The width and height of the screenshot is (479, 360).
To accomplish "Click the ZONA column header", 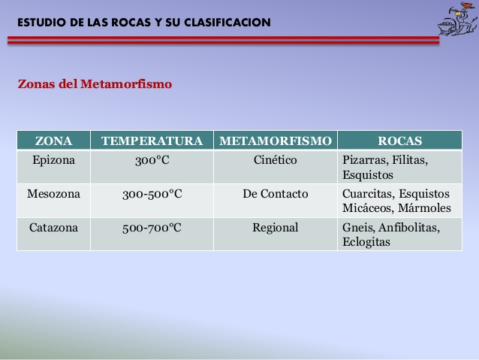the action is tap(53, 141).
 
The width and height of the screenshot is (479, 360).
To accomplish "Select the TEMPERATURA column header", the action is tap(152, 141).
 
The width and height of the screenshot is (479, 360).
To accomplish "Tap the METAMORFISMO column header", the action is tap(276, 141).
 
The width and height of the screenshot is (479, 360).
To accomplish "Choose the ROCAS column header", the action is tap(400, 141).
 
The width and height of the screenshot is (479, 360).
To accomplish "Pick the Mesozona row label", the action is tap(53, 194).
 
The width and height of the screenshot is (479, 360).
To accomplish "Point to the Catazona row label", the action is tap(53, 228).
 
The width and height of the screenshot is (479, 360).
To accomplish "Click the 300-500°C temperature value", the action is tap(152, 194).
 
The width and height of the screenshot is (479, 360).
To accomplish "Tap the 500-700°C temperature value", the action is tap(152, 228).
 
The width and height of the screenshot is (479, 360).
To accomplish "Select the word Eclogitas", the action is tap(366, 242).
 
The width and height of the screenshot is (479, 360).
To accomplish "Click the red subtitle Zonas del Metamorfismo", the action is tap(95, 84).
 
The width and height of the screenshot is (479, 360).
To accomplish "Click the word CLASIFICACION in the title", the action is tap(227, 23).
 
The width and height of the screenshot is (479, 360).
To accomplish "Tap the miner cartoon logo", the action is tap(457, 19).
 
